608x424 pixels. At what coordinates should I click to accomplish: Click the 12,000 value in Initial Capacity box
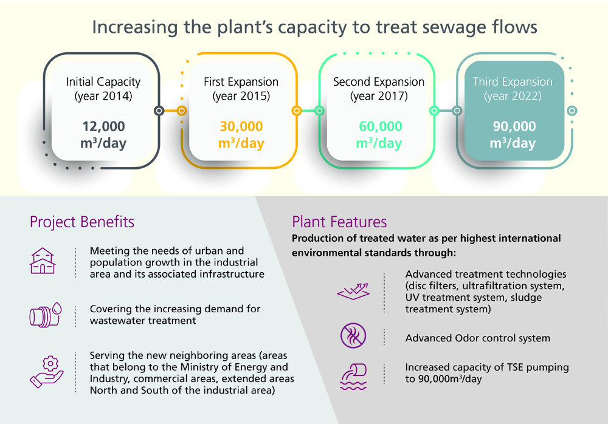click(103, 126)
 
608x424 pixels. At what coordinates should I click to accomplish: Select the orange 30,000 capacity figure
click(241, 126)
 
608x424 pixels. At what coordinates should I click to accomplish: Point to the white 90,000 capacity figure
click(513, 126)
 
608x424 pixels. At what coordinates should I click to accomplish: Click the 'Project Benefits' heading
click(82, 222)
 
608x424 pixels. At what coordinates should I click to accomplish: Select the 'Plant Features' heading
click(339, 221)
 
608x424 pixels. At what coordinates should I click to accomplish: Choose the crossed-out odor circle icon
click(353, 335)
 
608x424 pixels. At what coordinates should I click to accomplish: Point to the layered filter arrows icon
click(353, 292)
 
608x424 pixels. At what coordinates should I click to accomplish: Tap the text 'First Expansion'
click(241, 82)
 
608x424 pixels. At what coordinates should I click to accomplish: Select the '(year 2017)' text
click(379, 96)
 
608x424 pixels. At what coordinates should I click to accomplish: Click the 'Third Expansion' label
click(513, 82)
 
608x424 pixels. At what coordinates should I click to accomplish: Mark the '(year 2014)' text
click(103, 96)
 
